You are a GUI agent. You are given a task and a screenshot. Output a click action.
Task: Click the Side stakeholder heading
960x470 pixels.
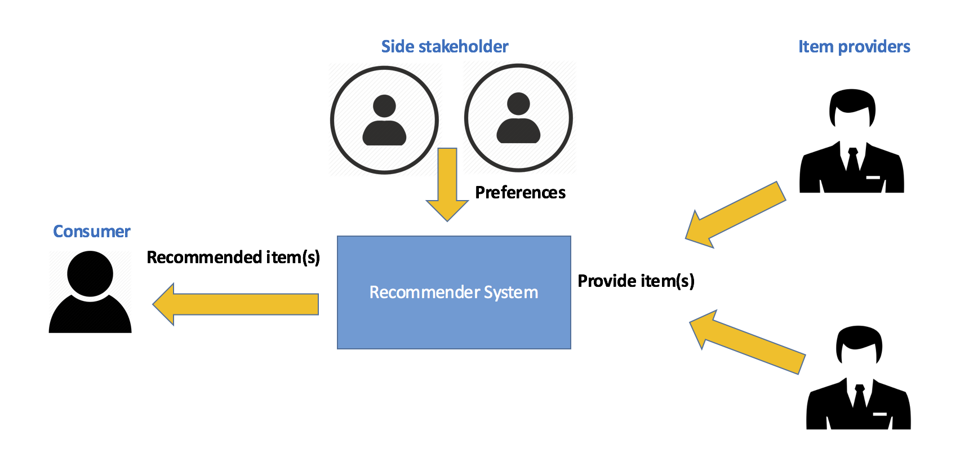(445, 46)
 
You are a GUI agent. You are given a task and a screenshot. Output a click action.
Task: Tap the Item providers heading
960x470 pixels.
(854, 46)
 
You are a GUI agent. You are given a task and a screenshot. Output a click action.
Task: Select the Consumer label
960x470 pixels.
(91, 231)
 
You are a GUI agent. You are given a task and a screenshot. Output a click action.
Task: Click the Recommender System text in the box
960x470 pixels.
(454, 292)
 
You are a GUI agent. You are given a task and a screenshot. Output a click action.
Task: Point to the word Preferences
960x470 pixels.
(520, 193)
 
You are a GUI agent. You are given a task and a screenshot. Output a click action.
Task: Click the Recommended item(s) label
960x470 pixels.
(233, 257)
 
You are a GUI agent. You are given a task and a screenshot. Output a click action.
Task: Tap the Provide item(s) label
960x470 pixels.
(636, 281)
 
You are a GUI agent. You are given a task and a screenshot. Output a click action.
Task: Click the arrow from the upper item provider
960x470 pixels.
(735, 215)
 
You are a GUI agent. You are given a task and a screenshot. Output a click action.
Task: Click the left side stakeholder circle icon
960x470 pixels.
(384, 120)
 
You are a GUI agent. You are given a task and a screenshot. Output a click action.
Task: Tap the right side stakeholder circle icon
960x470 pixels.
(518, 118)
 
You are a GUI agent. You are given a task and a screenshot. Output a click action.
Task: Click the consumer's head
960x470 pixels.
(90, 274)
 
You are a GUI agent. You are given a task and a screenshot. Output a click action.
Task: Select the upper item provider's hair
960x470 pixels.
(852, 99)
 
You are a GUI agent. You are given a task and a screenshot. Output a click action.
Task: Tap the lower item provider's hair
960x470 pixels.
(859, 336)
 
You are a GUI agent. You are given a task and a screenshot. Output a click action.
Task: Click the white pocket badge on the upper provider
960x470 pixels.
(873, 178)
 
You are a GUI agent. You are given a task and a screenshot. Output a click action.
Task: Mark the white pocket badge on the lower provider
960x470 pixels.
(879, 414)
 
